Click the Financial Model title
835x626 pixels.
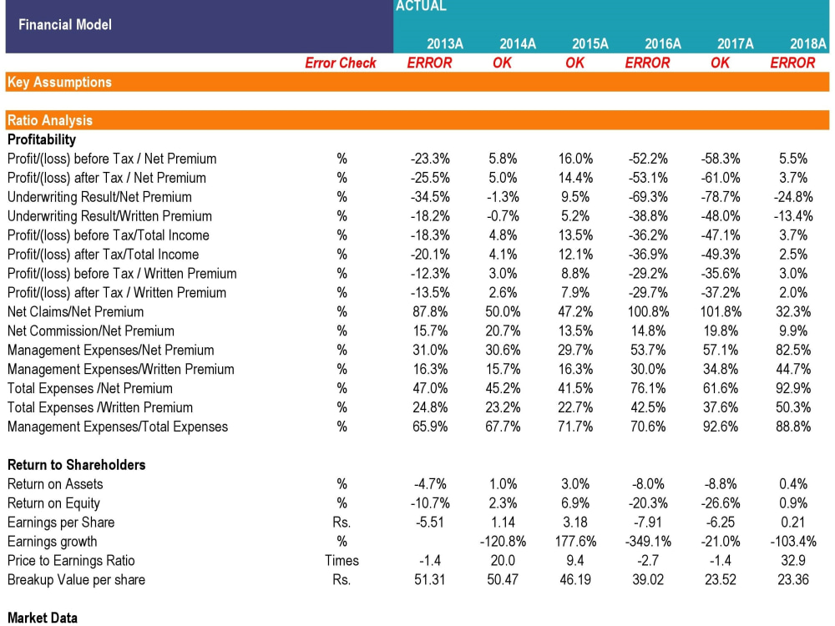[65, 24]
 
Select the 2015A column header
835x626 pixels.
[590, 44]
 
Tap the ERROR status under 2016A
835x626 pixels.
[647, 63]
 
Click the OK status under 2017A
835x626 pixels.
[720, 63]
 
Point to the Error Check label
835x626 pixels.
[341, 63]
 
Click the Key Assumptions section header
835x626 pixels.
[59, 82]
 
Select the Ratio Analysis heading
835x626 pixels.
[50, 120]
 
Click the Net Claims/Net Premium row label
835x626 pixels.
[75, 311]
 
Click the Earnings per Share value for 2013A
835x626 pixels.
[431, 523]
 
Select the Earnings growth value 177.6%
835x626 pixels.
[574, 542]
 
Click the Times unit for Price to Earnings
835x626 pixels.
[342, 561]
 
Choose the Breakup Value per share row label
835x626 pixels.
[76, 580]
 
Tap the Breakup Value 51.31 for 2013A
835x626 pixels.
[431, 580]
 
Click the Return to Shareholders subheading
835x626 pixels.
[76, 465]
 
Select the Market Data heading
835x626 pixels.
[43, 618]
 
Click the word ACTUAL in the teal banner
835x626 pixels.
[421, 7]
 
